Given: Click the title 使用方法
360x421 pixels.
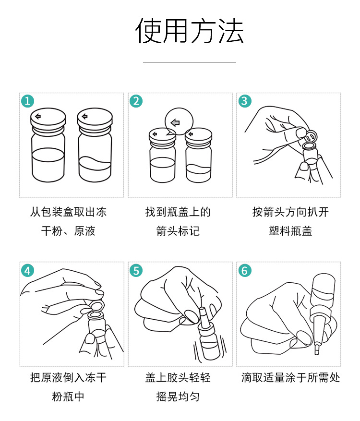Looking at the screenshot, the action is pyautogui.click(x=189, y=31).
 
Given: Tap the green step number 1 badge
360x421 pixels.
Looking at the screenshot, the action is pyautogui.click(x=28, y=101).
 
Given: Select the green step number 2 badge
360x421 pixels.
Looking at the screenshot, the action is pyautogui.click(x=136, y=101).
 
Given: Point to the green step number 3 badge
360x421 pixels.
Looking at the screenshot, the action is pyautogui.click(x=245, y=101).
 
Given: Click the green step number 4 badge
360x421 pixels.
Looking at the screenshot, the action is pyautogui.click(x=28, y=270).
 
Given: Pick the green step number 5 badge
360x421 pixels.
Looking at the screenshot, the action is pyautogui.click(x=136, y=270).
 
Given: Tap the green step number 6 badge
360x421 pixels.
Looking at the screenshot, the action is pyautogui.click(x=245, y=270).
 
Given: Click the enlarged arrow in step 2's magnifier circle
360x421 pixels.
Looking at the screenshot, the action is pyautogui.click(x=175, y=123).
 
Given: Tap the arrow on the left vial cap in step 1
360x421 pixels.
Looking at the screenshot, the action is pyautogui.click(x=38, y=116).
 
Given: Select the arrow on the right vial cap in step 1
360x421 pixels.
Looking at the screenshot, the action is pyautogui.click(x=84, y=116).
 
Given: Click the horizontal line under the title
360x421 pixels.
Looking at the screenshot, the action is pyautogui.click(x=190, y=62).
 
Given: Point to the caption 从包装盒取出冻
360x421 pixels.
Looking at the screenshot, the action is pyautogui.click(x=68, y=212).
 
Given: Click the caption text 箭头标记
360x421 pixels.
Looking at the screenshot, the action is pyautogui.click(x=178, y=231).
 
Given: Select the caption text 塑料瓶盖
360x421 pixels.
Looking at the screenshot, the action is pyautogui.click(x=290, y=231).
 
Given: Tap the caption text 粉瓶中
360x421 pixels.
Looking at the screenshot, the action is pyautogui.click(x=68, y=397).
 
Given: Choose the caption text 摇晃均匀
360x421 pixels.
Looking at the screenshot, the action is pyautogui.click(x=178, y=397).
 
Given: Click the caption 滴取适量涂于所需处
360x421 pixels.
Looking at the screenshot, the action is pyautogui.click(x=290, y=377).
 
